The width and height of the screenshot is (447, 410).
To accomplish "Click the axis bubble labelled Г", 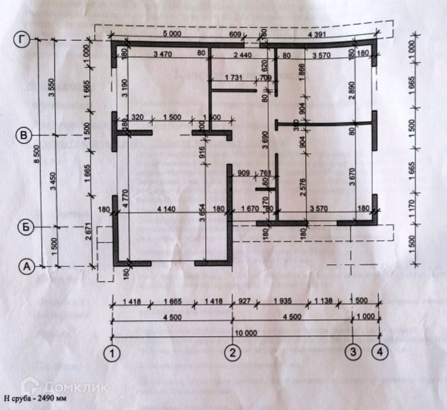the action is [22, 40].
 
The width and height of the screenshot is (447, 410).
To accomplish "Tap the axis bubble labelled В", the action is [22, 136].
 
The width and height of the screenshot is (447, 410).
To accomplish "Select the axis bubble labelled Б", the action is [22, 227].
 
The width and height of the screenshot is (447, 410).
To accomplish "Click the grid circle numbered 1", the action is [112, 352].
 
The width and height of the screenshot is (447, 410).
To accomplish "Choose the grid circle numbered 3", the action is [352, 352].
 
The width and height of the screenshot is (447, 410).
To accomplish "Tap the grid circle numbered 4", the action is [379, 352].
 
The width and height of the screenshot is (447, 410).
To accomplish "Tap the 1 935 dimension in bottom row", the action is [283, 301].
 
